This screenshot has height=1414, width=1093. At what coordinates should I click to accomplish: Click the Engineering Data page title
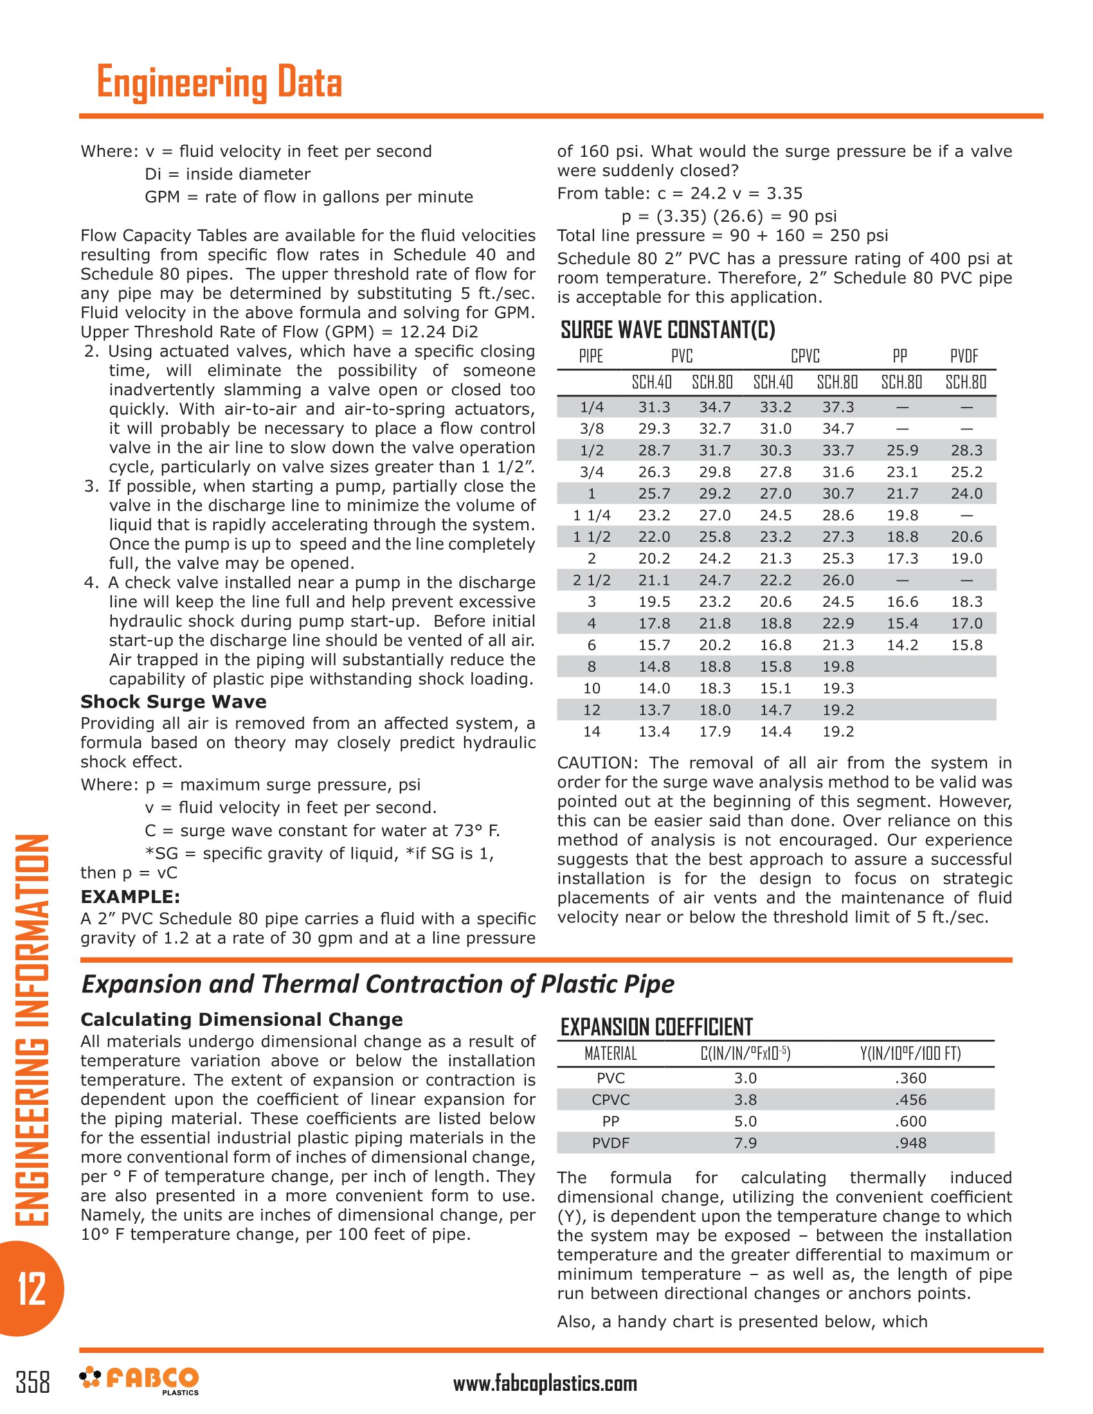tap(219, 82)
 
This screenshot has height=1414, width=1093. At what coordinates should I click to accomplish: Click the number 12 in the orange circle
tap(31, 1289)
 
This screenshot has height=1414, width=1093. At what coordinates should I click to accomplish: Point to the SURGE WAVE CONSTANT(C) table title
tap(667, 330)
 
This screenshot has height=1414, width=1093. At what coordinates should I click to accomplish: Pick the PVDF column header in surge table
tap(964, 356)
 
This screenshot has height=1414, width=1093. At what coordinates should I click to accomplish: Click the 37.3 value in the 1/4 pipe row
tap(838, 407)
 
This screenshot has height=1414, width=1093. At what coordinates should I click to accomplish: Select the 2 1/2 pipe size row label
tap(591, 580)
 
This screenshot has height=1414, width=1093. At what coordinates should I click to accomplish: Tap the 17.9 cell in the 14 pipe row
tap(714, 731)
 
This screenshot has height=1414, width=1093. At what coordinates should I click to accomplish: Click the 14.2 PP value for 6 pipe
tap(902, 645)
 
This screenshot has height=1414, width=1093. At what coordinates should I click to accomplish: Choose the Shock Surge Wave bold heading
tap(174, 702)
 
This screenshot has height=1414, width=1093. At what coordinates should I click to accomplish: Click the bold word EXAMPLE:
tap(130, 897)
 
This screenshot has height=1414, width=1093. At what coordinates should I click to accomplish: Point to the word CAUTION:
tap(599, 763)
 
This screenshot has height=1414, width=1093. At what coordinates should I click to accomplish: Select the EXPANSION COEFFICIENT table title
tap(656, 1028)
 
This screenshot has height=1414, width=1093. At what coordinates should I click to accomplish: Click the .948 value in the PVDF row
tap(910, 1143)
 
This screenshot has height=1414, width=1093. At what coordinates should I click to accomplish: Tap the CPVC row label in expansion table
tap(610, 1099)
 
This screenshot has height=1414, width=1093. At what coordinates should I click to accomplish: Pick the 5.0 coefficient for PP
tap(745, 1122)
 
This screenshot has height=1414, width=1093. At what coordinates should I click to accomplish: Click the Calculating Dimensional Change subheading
tap(242, 1020)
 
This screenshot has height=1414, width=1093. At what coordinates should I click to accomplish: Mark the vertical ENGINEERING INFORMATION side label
tap(31, 1030)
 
